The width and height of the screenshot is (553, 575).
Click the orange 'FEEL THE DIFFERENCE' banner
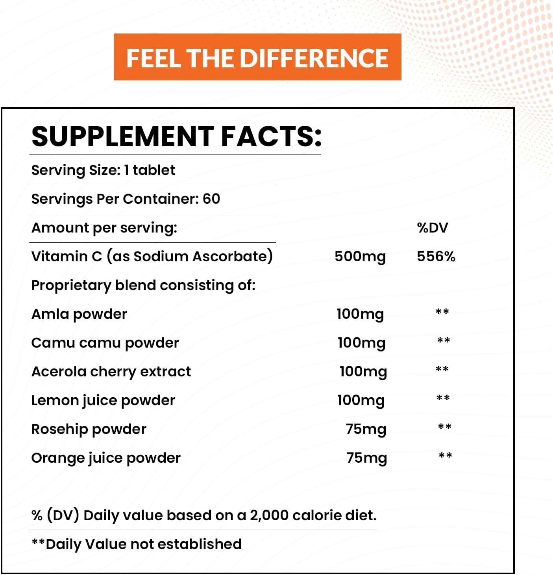[x=257, y=58]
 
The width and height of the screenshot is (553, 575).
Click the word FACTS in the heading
[x=271, y=136]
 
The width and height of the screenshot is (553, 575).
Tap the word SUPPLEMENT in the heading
[x=122, y=136]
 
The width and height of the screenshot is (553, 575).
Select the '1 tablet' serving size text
[x=150, y=170]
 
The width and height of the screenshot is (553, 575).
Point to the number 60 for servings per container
[x=211, y=199]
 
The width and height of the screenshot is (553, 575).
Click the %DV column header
[x=432, y=228]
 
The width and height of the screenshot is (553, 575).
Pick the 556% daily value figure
[x=436, y=257]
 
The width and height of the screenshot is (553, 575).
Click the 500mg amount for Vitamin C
[x=360, y=257]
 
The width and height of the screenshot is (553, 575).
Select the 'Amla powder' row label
[x=79, y=314]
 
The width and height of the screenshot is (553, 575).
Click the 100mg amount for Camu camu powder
[x=361, y=343]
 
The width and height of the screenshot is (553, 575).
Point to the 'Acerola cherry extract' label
[x=111, y=372]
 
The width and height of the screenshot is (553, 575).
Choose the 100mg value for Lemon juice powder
[x=361, y=400]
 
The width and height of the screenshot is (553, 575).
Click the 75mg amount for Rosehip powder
[x=366, y=429]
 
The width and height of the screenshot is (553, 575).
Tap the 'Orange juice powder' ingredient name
[x=106, y=458]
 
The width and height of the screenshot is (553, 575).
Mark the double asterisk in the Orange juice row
[x=445, y=456]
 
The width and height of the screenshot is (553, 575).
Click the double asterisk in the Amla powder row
[x=442, y=312]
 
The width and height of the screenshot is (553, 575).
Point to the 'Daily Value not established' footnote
[x=143, y=544]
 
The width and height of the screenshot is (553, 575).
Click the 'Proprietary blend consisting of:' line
[x=143, y=285]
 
